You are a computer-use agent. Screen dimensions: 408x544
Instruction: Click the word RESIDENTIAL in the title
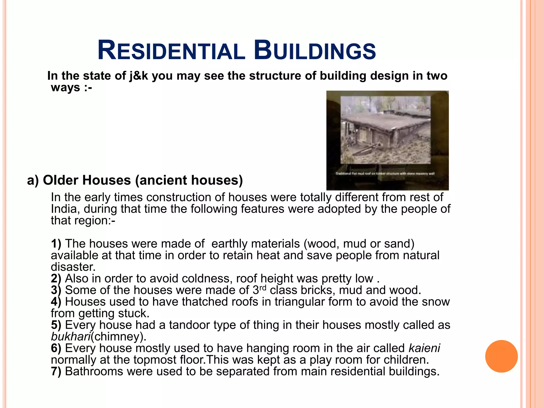pyautogui.click(x=171, y=51)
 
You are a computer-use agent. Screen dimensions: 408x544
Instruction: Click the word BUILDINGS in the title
pyautogui.click(x=315, y=51)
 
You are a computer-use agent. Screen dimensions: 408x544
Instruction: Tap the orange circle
pyautogui.click(x=501, y=356)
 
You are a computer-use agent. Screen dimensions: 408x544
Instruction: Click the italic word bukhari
pyautogui.click(x=71, y=337)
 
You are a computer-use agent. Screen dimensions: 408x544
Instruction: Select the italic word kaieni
pyautogui.click(x=424, y=348)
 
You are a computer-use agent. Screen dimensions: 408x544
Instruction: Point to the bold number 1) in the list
pyautogui.click(x=56, y=244)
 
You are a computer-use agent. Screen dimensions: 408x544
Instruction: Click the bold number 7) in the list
pyautogui.click(x=56, y=371)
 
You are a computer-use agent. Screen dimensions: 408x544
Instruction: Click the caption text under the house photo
pyautogui.click(x=385, y=174)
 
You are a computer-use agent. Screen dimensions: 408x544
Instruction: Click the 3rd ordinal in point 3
pyautogui.click(x=259, y=290)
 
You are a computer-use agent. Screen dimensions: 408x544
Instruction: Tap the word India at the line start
pyautogui.click(x=65, y=209)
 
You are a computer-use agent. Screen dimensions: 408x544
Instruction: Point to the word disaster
pyautogui.click(x=73, y=267)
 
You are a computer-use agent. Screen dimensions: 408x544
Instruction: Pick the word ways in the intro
pyautogui.click(x=65, y=87)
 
